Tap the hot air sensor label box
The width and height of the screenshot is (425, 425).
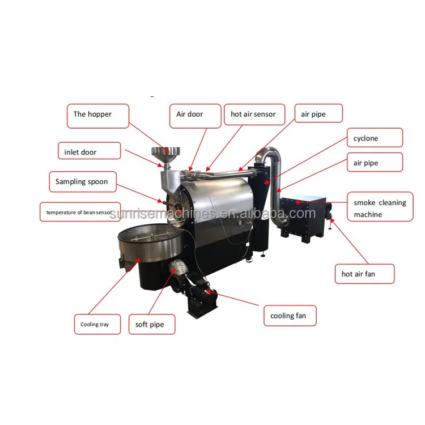253,115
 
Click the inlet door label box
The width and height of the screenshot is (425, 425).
88,151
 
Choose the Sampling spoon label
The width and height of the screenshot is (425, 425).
83,182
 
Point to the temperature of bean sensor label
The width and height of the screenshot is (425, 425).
80,211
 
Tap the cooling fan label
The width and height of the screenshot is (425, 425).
289,316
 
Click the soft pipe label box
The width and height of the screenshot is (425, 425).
151,325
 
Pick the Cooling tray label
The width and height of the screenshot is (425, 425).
97,325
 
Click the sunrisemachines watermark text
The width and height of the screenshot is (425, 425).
212,214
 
